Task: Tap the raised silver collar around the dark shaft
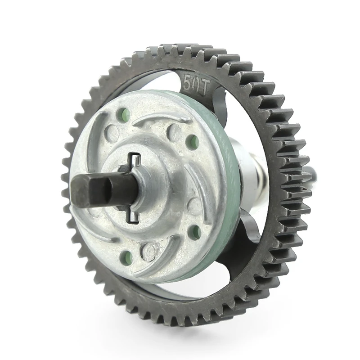155,189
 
